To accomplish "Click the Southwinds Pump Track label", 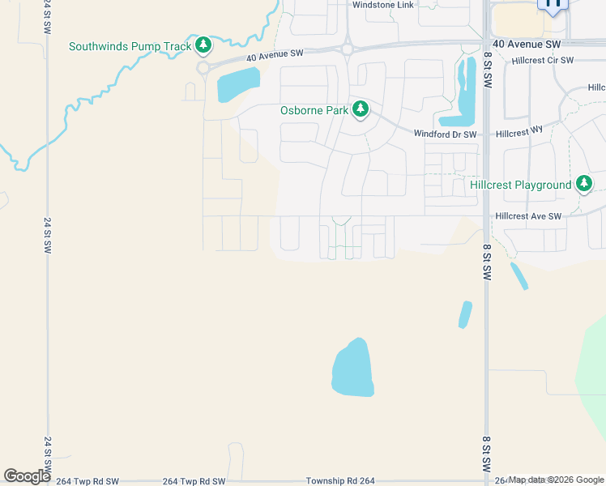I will point(130,46).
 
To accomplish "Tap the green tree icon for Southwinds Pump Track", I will point(203,44).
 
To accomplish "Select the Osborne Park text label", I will point(314,110).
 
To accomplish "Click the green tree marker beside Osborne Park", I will point(360,109).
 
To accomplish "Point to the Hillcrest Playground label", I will point(521,185).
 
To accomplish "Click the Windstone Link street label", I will point(382,5).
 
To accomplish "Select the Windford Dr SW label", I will point(445,134).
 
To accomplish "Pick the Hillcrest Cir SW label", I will point(542,61).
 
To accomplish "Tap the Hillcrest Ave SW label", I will point(528,216).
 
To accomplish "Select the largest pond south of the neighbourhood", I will point(353,369).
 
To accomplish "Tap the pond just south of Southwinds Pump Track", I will point(238,83).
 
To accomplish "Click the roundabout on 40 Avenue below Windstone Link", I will point(347,49).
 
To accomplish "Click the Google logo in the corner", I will point(26,476).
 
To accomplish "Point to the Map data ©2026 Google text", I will point(556,480).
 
